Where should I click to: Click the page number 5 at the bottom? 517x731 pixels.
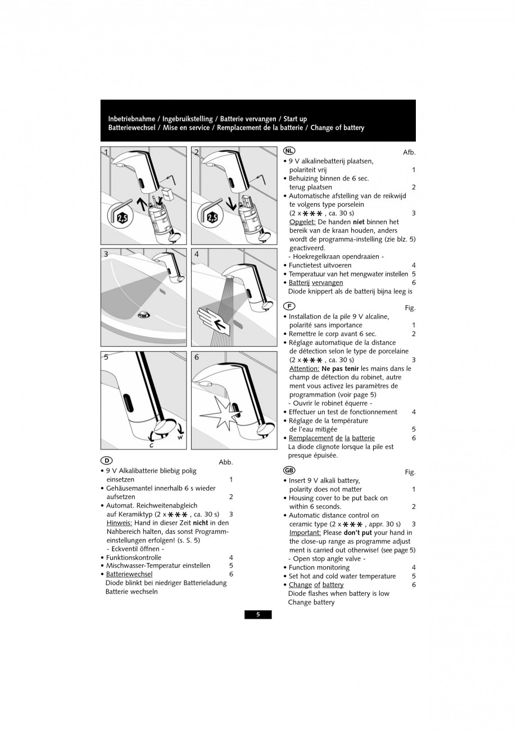(258, 615)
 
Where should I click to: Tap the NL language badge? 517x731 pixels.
(289, 151)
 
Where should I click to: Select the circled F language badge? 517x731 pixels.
(289, 306)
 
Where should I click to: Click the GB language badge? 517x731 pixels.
(289, 470)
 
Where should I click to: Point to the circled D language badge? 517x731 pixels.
(106, 461)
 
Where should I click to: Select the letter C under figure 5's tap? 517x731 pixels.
(152, 445)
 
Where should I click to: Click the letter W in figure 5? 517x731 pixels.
(180, 438)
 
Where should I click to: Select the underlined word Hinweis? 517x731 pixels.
(119, 523)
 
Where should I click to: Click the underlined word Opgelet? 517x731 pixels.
(302, 222)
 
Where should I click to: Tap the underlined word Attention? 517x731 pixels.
(304, 369)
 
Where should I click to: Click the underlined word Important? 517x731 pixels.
(305, 533)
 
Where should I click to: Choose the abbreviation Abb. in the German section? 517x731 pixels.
(225, 462)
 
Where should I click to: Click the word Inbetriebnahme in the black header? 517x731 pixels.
(133, 119)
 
